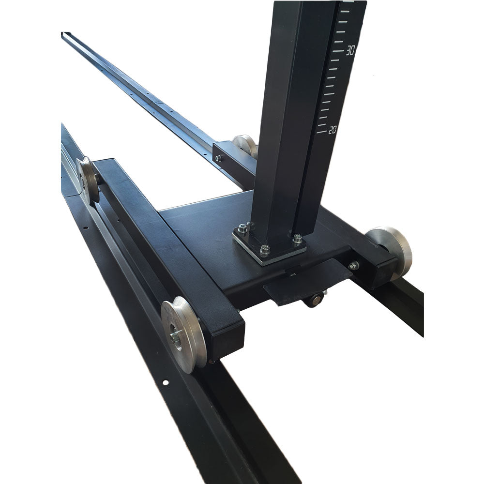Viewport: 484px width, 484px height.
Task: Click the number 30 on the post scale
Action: (x=350, y=50)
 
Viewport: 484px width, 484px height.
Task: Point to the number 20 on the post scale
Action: (x=332, y=130)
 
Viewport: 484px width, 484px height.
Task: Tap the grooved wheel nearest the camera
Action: (x=183, y=334)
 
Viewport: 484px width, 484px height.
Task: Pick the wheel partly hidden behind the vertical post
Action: (x=245, y=146)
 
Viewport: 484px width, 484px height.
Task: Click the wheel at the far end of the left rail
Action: (x=87, y=180)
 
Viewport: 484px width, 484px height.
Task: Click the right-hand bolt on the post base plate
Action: (x=297, y=238)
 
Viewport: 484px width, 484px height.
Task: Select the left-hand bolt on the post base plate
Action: (x=242, y=229)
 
